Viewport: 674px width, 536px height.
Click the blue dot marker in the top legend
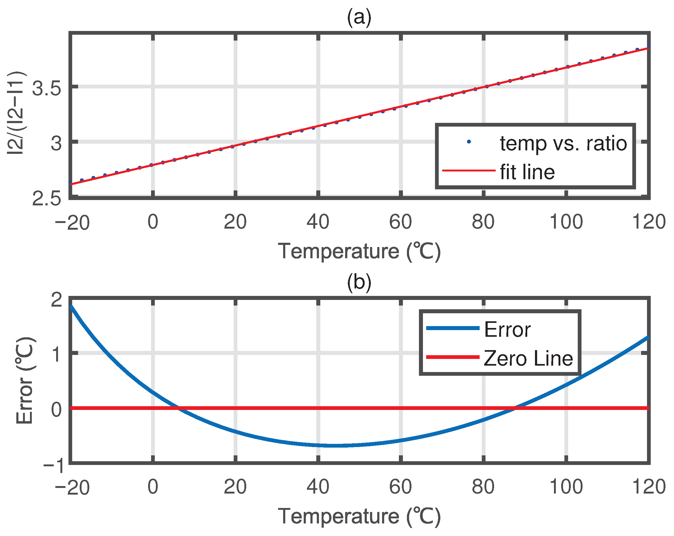tap(469, 142)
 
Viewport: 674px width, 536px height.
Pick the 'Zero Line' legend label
tap(528, 358)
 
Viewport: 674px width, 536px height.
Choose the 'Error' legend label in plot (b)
tap(507, 330)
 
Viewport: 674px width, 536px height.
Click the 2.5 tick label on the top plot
tap(47, 199)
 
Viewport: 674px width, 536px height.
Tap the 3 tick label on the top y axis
tap(56, 143)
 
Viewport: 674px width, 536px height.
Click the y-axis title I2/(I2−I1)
tap(16, 113)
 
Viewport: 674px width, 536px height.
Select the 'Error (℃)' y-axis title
tap(25, 381)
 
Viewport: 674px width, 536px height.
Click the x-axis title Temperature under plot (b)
tap(359, 516)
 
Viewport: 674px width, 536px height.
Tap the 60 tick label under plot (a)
tap(400, 222)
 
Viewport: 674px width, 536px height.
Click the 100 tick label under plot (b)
tap(566, 487)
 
